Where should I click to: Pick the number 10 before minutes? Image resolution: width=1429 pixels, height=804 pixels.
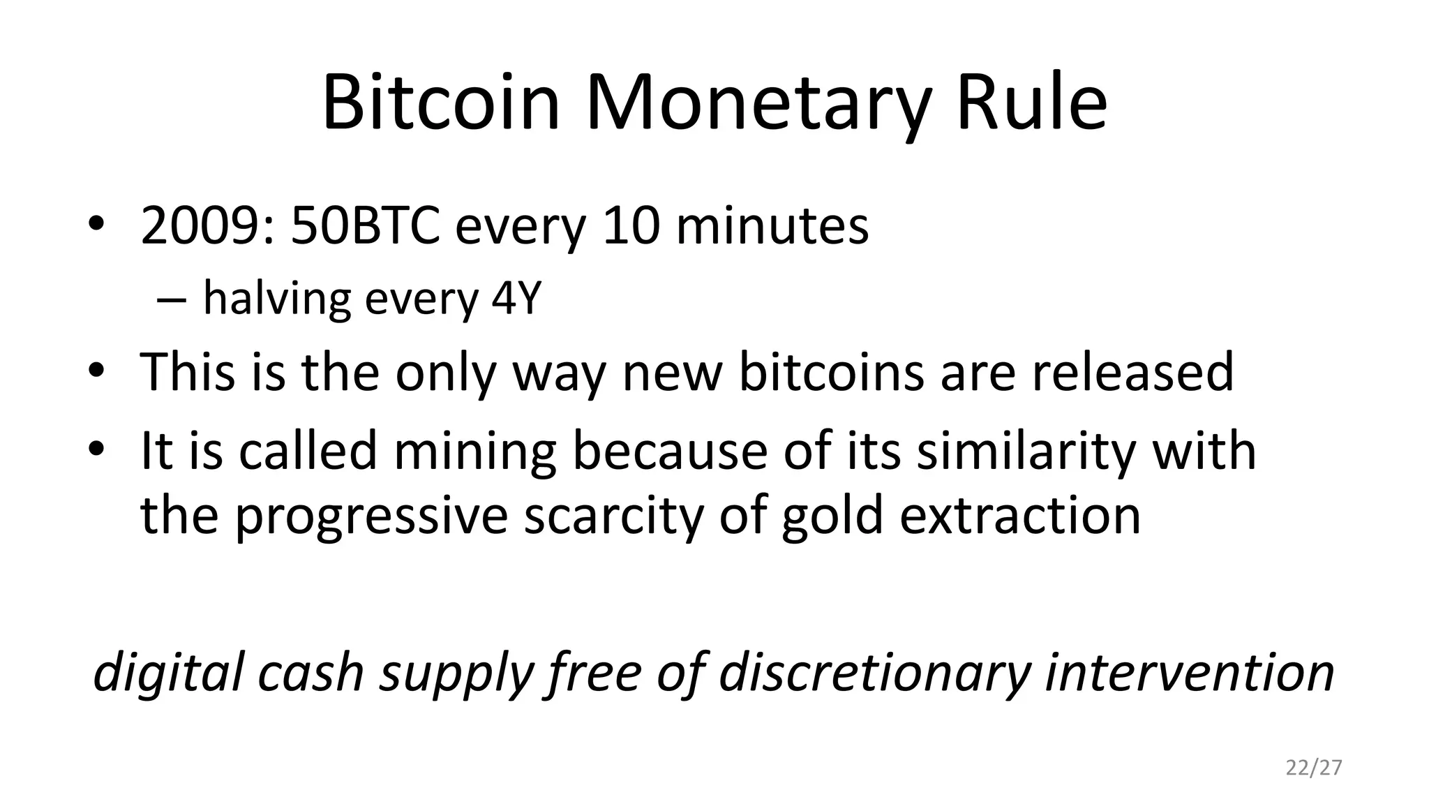pos(631,226)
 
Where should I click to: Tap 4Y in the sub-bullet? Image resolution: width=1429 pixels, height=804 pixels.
pos(516,299)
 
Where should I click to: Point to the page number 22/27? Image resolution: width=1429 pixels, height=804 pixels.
pos(1314,768)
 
